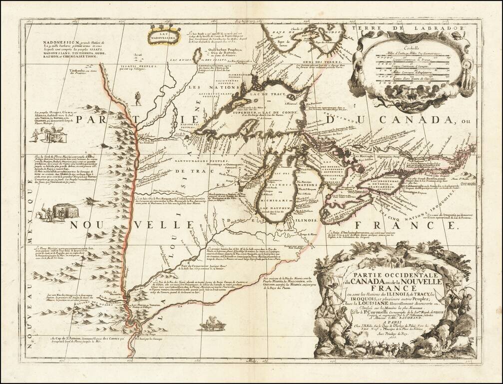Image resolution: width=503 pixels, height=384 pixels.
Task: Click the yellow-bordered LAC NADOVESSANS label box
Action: [162, 35]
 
